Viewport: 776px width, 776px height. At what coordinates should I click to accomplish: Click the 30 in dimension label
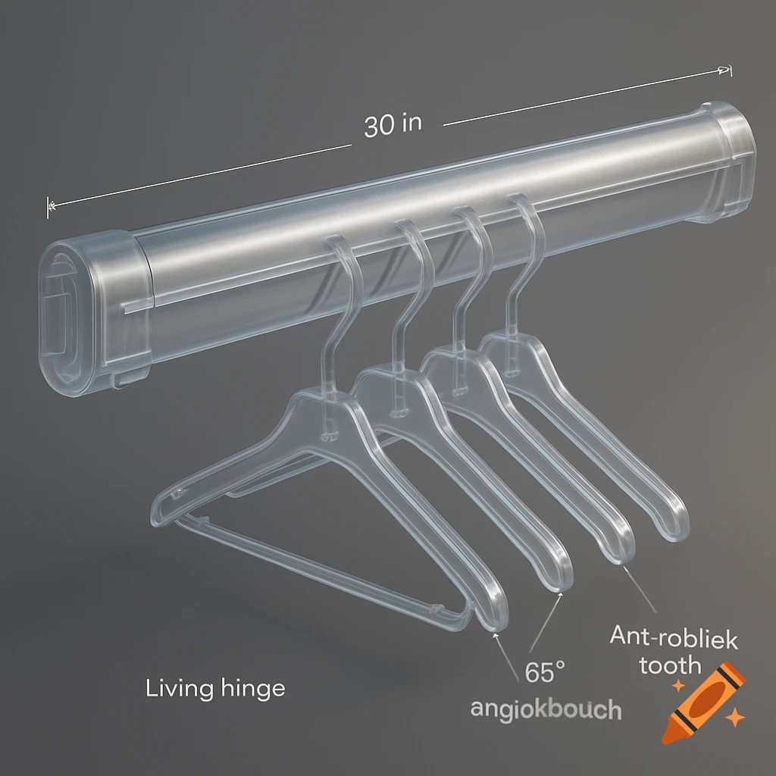(392, 124)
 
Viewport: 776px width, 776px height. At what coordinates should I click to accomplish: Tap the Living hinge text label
(215, 688)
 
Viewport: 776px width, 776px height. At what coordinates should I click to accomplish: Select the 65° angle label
(545, 671)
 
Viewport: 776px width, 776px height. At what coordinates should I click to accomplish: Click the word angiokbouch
(546, 709)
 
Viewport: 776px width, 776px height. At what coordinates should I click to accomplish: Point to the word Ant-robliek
(674, 638)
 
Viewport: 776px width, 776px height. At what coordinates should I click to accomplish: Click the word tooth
(670, 665)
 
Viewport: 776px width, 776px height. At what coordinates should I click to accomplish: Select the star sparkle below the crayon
(733, 715)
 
